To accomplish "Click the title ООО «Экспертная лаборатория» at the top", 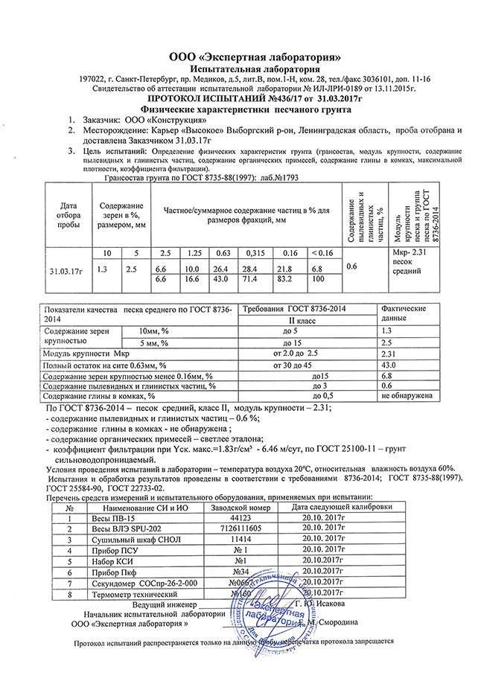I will tap(255, 57).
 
